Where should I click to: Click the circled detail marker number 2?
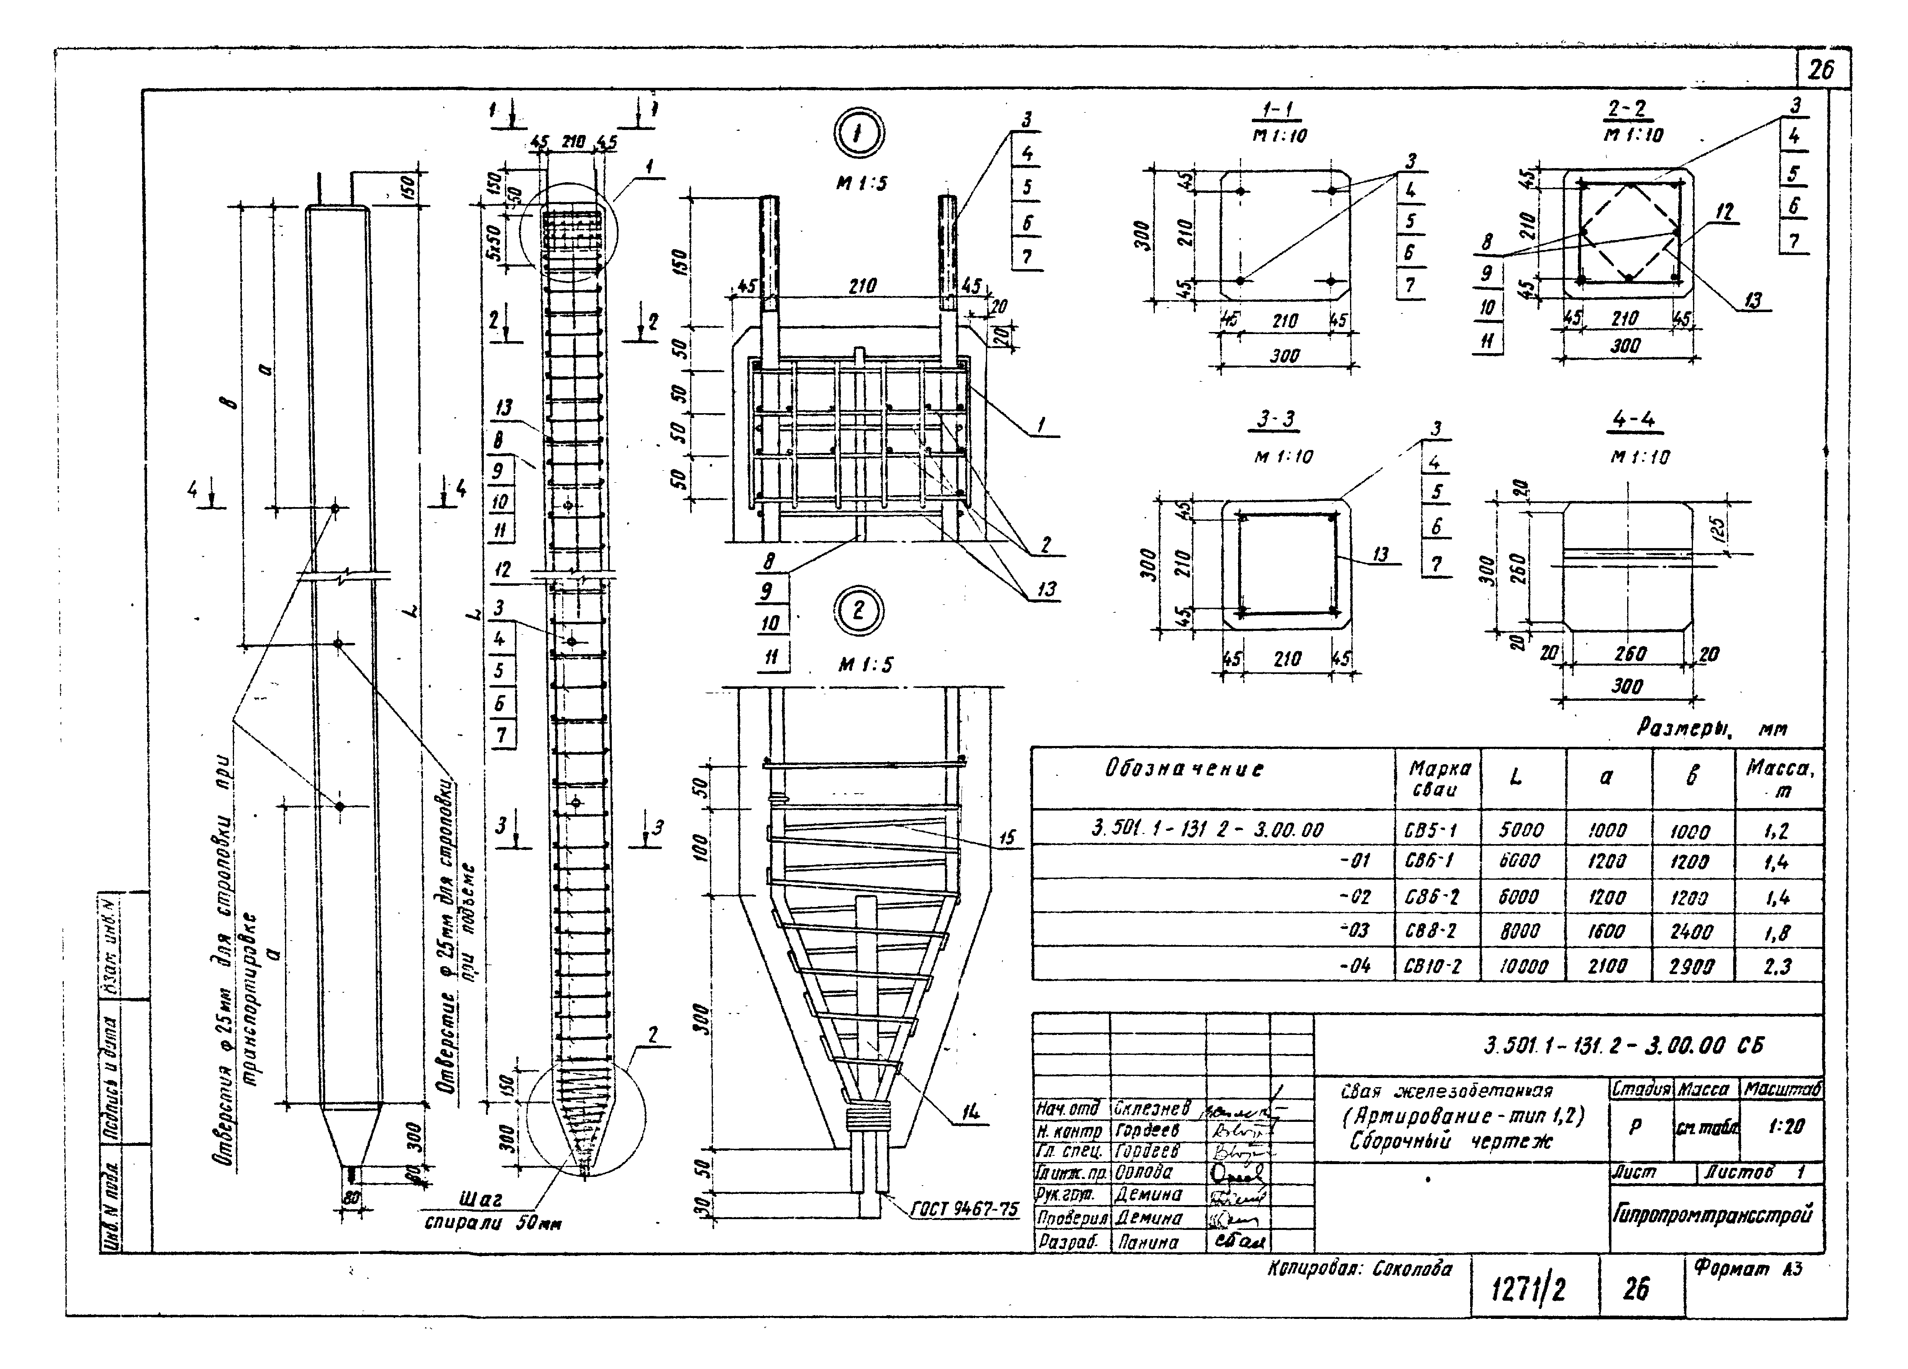click(858, 610)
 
